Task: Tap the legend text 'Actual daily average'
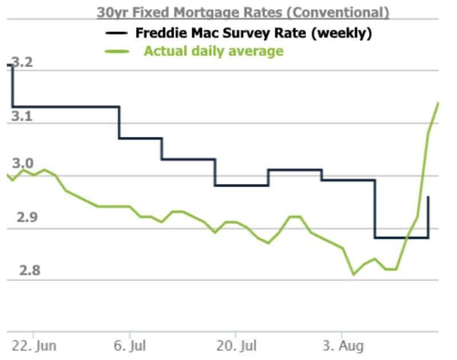tap(213, 51)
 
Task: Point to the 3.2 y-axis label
tap(22, 62)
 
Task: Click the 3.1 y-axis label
tap(22, 116)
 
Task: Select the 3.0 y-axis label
tap(22, 165)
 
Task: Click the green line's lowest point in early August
tap(353, 274)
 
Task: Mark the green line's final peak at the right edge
tap(438, 103)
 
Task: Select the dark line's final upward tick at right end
tap(428, 197)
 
